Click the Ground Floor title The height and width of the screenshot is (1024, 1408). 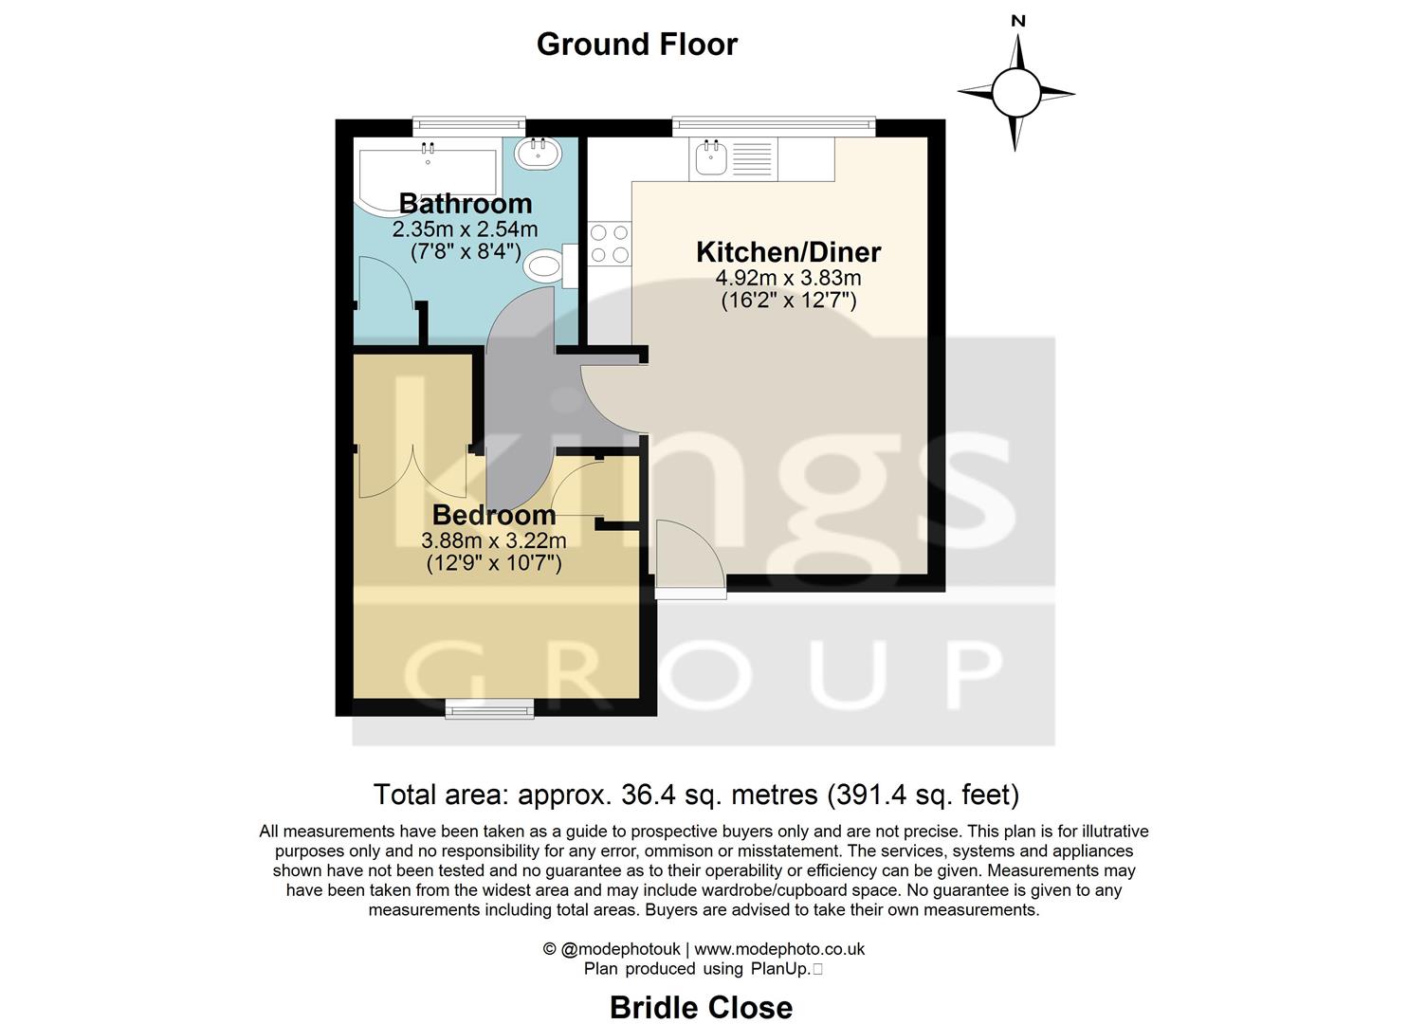(636, 45)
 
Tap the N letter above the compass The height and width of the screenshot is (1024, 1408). (1018, 21)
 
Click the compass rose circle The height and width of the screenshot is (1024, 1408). (1016, 93)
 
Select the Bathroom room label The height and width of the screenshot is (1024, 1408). (465, 204)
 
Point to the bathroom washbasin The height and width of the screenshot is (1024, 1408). (539, 153)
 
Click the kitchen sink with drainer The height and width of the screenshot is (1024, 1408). (733, 158)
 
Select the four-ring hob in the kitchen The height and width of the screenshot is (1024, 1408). (609, 243)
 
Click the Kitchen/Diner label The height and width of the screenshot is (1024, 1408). (788, 252)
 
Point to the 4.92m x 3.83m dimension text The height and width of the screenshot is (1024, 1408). (788, 278)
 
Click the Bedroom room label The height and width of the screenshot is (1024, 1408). (493, 516)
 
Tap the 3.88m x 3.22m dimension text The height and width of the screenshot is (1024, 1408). (493, 540)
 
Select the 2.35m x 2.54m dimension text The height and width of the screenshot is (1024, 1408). (465, 229)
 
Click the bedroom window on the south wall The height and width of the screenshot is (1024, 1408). (489, 707)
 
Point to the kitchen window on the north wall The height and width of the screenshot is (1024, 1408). (774, 125)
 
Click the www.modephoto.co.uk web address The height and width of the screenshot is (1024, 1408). (779, 949)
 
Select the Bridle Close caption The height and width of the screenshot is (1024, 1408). (701, 1007)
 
